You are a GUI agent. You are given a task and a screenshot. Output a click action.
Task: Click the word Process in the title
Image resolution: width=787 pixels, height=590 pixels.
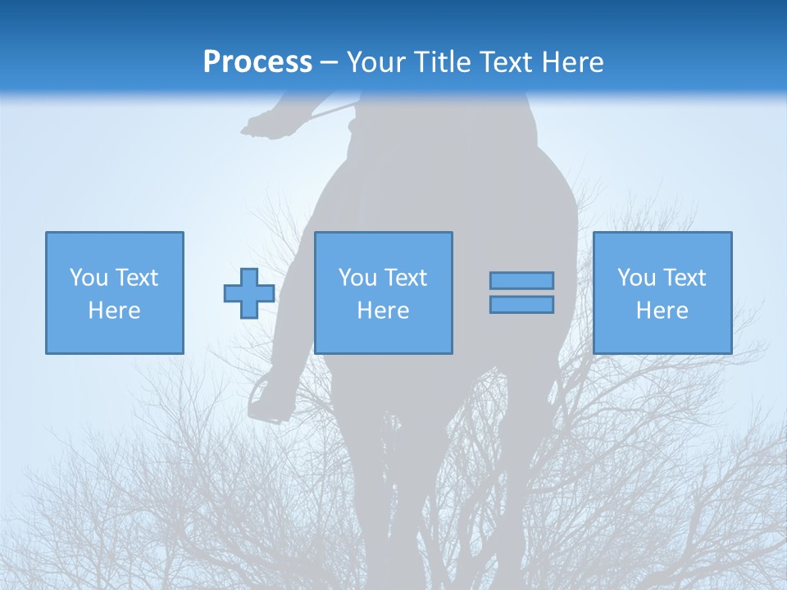(x=257, y=61)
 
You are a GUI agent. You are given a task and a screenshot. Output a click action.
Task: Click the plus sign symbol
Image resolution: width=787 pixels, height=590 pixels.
(x=249, y=293)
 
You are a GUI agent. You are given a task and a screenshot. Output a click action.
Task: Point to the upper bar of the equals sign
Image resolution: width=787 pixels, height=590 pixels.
(x=521, y=280)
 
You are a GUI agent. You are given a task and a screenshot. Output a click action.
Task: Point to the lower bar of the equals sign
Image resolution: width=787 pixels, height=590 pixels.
(x=521, y=305)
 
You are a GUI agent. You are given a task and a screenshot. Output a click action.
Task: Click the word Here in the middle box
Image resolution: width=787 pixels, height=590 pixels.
(x=383, y=311)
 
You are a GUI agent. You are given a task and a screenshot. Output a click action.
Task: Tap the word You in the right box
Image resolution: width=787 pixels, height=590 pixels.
(x=636, y=278)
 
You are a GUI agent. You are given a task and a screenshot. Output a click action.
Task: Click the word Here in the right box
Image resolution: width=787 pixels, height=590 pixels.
(x=662, y=311)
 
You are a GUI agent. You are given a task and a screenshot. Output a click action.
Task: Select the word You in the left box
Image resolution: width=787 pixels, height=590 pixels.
(x=89, y=278)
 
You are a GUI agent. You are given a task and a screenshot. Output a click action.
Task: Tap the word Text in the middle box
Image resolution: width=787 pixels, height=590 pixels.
(x=406, y=278)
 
